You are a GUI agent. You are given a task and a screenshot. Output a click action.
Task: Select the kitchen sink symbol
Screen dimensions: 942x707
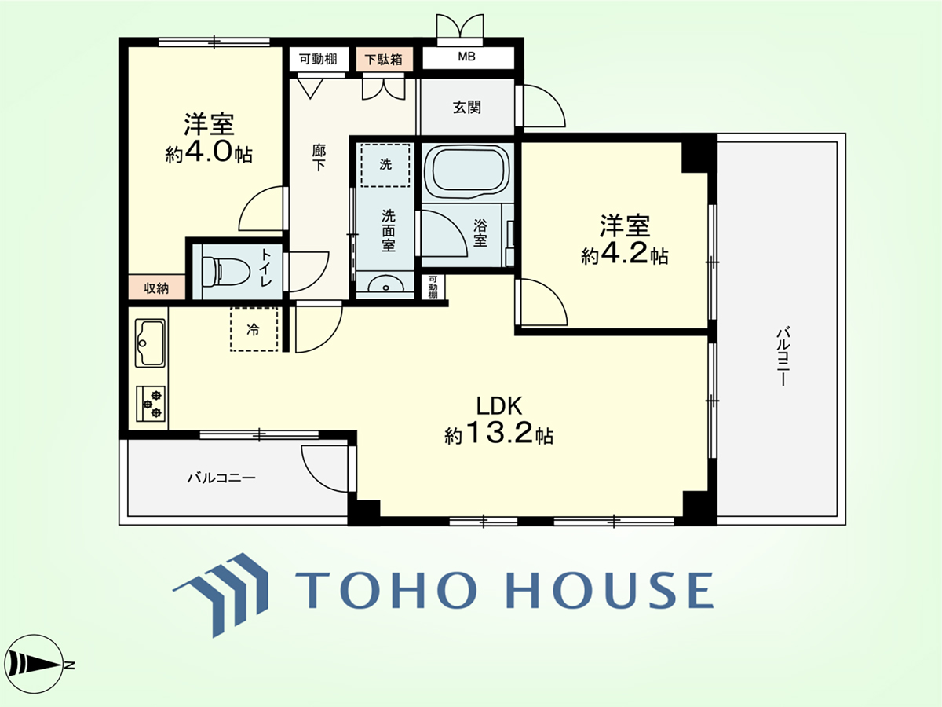[150, 343]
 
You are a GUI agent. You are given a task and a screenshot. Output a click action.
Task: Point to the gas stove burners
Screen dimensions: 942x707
[151, 404]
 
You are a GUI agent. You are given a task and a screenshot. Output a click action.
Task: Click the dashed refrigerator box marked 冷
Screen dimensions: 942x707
[254, 330]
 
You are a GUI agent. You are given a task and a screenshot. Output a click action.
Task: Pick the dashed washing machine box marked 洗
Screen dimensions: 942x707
[385, 165]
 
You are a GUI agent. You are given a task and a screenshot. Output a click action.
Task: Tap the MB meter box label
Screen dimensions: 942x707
[466, 57]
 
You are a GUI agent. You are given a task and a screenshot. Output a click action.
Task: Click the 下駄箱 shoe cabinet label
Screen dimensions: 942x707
[384, 59]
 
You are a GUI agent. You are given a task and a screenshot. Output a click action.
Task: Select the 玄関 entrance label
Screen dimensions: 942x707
[467, 107]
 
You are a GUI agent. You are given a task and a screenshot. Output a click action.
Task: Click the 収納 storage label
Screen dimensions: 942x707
[156, 288]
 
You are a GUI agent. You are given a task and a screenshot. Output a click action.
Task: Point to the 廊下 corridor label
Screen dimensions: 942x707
[319, 158]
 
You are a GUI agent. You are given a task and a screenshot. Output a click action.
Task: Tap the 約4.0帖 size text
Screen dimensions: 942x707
[209, 152]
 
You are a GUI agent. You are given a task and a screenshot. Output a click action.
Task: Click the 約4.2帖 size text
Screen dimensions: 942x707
[624, 255]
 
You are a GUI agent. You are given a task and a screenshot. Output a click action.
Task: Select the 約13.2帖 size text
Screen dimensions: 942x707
[498, 434]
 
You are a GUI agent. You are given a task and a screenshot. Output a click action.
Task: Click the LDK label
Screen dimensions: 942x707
[499, 405]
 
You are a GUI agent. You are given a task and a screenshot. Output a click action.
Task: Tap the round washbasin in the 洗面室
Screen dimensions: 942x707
[385, 285]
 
